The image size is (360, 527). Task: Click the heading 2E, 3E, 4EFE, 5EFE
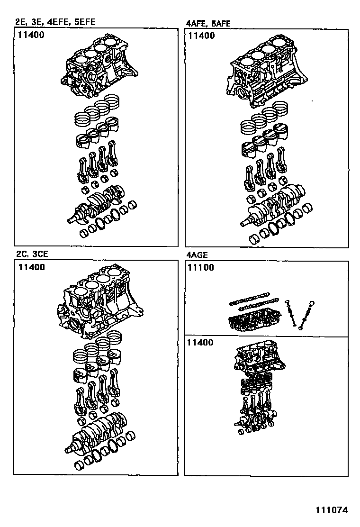click(x=58, y=22)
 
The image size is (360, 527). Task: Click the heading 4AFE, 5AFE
click(x=208, y=23)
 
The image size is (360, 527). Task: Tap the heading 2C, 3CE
click(x=32, y=254)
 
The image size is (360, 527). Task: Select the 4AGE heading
click(x=197, y=255)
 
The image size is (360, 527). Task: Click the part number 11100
click(x=201, y=267)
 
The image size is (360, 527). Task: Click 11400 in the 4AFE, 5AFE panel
click(x=201, y=36)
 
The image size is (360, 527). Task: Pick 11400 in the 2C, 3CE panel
click(x=32, y=267)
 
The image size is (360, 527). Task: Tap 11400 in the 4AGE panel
click(x=201, y=343)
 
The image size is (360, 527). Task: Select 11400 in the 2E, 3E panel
click(x=32, y=35)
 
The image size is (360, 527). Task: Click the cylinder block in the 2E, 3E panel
click(x=99, y=66)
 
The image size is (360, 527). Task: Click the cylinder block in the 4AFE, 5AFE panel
click(x=265, y=73)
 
